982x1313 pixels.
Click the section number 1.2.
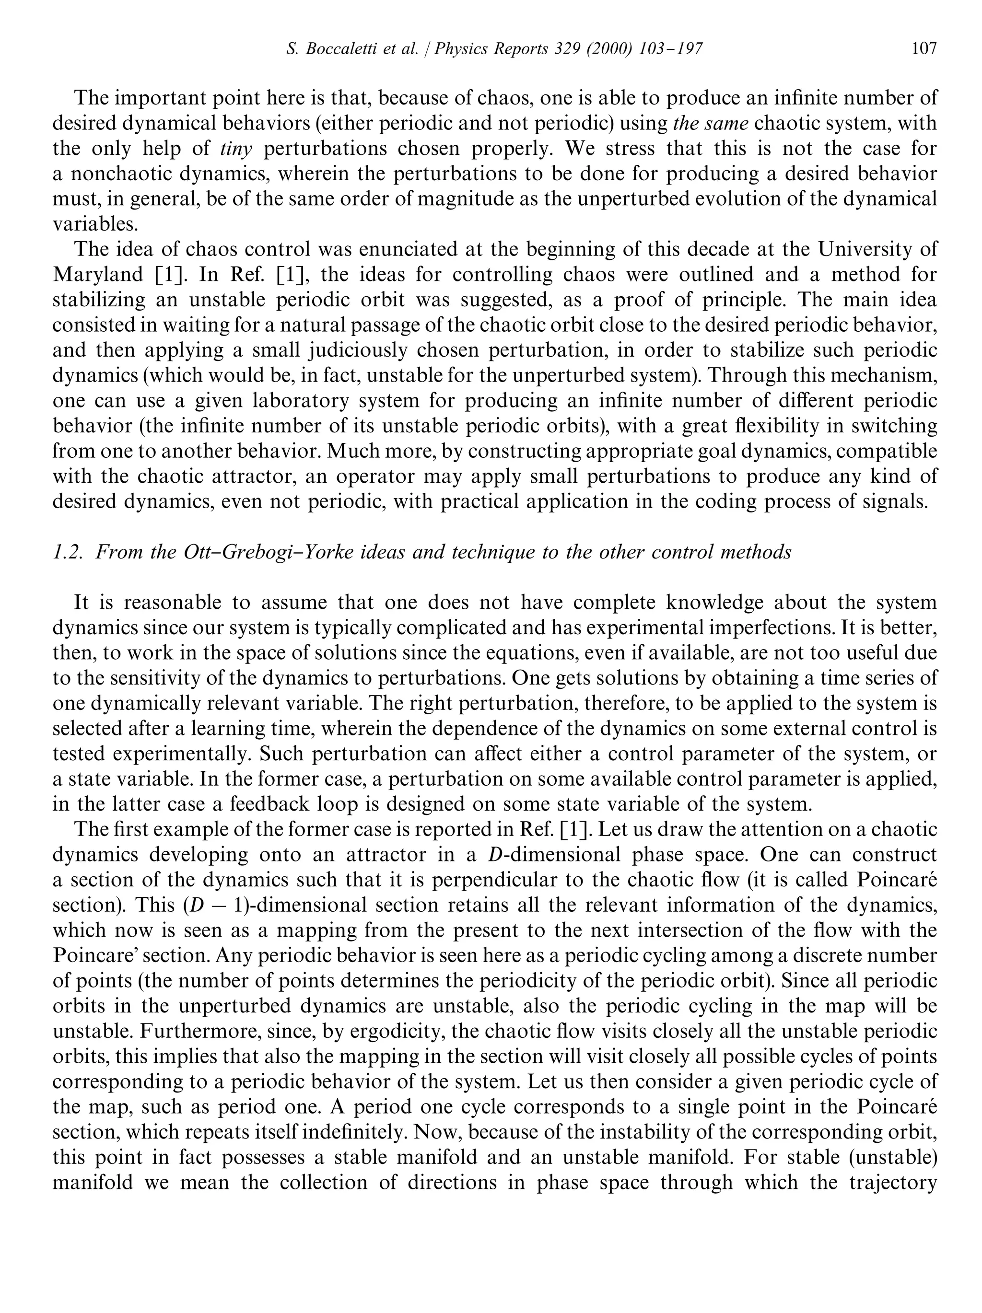pos(66,552)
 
